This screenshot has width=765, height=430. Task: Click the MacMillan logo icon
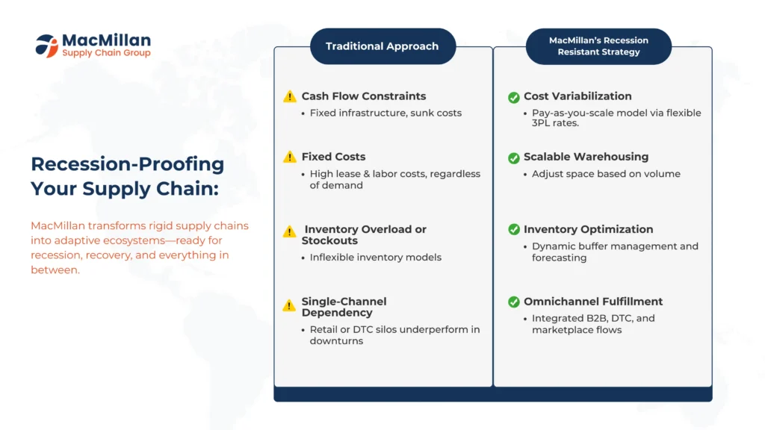pyautogui.click(x=47, y=46)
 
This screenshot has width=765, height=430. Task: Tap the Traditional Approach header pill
pyautogui.click(x=383, y=46)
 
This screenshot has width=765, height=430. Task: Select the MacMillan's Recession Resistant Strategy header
pyautogui.click(x=598, y=46)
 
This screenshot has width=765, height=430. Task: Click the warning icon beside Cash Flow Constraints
pyautogui.click(x=290, y=96)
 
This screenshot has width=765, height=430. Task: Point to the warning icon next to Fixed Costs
pyautogui.click(x=290, y=157)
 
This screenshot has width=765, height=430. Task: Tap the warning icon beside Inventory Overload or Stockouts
pyautogui.click(x=289, y=231)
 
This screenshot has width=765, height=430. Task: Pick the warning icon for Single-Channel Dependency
pyautogui.click(x=289, y=305)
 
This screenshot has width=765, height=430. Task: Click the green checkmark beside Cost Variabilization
pyautogui.click(x=514, y=98)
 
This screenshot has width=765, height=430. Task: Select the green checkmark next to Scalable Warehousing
pyautogui.click(x=514, y=158)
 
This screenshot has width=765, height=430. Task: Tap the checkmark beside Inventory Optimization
pyautogui.click(x=514, y=229)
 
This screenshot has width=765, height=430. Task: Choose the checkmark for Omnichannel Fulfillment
pyautogui.click(x=514, y=302)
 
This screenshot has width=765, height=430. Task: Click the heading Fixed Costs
pyautogui.click(x=333, y=157)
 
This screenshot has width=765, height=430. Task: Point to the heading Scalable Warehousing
pyautogui.click(x=586, y=157)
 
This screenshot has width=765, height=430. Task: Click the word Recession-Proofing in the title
pyautogui.click(x=127, y=164)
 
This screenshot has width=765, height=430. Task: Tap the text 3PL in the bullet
pyautogui.click(x=541, y=123)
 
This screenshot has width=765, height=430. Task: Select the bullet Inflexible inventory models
pyautogui.click(x=375, y=257)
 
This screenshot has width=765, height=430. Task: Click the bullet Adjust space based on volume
pyautogui.click(x=606, y=174)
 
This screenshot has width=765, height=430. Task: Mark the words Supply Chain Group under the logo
pyautogui.click(x=106, y=53)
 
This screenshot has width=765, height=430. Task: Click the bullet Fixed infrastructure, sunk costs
pyautogui.click(x=385, y=113)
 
